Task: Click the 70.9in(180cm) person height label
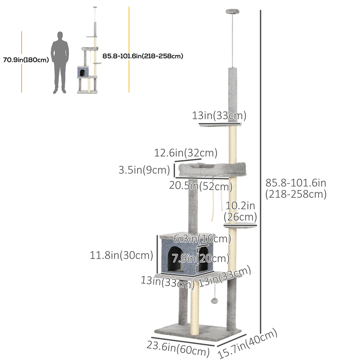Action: pos(26,60)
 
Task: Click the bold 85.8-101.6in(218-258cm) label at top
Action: pos(143,56)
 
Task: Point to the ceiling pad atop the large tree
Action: pos(230,11)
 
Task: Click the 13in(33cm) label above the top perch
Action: pos(219,116)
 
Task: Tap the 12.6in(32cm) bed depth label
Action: pos(186,153)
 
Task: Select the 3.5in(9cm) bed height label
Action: pos(144,170)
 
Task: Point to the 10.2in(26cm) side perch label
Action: pos(240,211)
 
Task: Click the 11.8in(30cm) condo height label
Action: pos(121,255)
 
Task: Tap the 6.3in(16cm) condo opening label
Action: pos(202,239)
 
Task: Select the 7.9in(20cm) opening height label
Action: pos(201,258)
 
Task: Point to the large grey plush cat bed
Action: pos(212,169)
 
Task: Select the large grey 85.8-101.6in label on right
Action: pos(296,188)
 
